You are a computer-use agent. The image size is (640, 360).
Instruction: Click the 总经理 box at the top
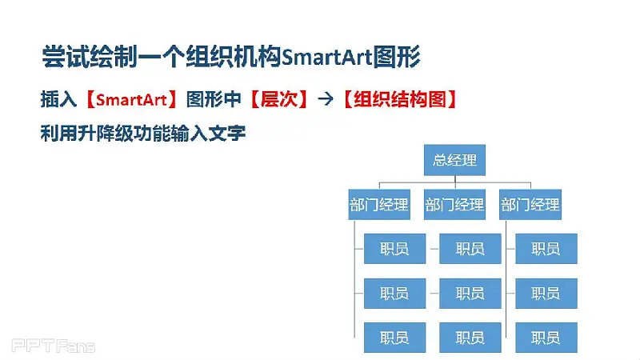(x=454, y=160)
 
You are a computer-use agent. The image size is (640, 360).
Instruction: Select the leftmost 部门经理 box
(x=379, y=205)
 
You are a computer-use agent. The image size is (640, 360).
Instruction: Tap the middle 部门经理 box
(x=454, y=205)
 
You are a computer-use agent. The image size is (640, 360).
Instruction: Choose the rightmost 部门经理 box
(x=530, y=205)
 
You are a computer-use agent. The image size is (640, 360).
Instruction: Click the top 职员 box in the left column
(x=394, y=249)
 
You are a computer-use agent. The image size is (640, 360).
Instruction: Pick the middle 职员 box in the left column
(x=394, y=294)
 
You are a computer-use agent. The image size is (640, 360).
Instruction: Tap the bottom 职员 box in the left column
(x=394, y=338)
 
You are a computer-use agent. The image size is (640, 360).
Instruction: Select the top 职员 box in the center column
(x=470, y=249)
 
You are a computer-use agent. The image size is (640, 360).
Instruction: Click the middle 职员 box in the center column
(x=470, y=294)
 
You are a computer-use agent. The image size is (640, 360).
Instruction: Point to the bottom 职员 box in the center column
(x=470, y=338)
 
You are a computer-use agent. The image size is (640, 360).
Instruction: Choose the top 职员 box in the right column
(x=546, y=249)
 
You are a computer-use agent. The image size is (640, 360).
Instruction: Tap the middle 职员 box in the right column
(x=546, y=294)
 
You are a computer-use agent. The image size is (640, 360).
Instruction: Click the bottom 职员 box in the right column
(x=546, y=338)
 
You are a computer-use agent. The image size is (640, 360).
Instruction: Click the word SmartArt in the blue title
(x=327, y=57)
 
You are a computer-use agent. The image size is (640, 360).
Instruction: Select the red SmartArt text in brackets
(x=131, y=100)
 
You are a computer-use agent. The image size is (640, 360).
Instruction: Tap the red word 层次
(x=279, y=99)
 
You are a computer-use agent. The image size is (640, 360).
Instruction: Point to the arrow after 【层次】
(x=326, y=99)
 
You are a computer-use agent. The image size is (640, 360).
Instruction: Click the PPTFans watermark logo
(x=53, y=346)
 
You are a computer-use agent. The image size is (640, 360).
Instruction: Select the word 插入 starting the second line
(x=58, y=99)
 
